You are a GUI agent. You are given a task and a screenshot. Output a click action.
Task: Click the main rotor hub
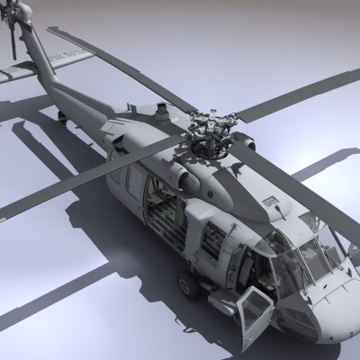click(210, 137)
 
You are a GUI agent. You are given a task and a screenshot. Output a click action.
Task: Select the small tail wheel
click(60, 115)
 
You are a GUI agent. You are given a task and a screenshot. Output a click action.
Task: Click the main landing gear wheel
click(188, 286)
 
